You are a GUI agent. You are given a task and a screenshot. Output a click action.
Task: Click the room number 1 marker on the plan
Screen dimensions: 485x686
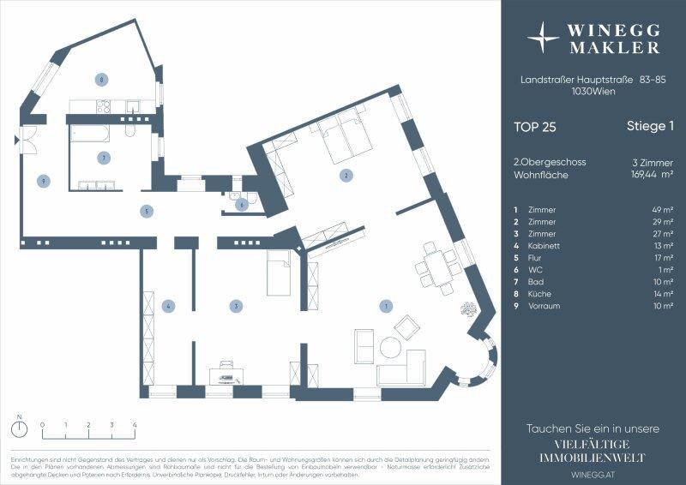pos(386,306)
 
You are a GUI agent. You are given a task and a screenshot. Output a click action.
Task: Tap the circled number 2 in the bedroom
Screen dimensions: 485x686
pos(345,176)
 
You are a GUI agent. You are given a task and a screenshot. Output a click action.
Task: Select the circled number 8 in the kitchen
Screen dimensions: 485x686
pos(101,80)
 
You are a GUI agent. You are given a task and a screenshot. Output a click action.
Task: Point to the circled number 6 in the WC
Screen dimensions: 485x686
pos(242,204)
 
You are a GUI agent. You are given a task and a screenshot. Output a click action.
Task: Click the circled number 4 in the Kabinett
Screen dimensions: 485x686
pos(170,305)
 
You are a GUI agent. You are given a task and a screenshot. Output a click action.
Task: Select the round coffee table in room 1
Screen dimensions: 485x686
pos(391,348)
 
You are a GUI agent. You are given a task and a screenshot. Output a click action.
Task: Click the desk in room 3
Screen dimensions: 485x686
pos(227,374)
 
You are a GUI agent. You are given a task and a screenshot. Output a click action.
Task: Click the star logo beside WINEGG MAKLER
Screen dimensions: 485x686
pos(543,39)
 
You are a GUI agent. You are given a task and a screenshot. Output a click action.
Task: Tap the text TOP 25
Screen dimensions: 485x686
pos(535,127)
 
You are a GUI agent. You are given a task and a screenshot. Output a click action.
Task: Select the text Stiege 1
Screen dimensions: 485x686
pos(650,127)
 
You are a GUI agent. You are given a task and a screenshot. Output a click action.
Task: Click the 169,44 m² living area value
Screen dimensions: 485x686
pos(651,174)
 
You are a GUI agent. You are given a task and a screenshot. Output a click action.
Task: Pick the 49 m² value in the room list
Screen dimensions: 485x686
pos(662,209)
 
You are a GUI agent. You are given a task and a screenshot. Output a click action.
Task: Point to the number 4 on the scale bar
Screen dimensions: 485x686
pos(135,424)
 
